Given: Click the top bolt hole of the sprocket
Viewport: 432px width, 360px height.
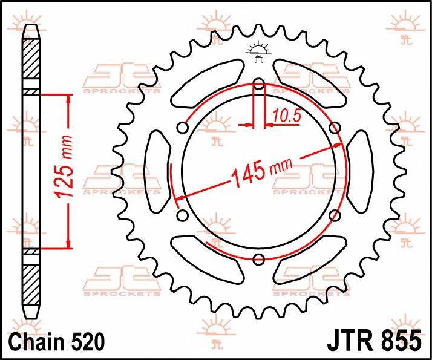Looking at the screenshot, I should click(x=259, y=84).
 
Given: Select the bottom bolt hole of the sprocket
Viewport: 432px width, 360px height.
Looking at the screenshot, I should click(x=259, y=260).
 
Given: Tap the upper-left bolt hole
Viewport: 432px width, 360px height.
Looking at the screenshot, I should click(x=183, y=128).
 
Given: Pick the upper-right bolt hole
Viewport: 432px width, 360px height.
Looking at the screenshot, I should click(x=335, y=128).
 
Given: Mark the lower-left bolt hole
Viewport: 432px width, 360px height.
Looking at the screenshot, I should click(x=183, y=216).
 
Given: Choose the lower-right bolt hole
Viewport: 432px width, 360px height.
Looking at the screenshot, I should click(x=335, y=216).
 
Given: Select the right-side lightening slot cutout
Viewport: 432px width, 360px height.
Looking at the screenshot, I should click(x=361, y=171).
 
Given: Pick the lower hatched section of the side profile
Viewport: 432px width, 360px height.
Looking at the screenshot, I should click(x=30, y=284).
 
